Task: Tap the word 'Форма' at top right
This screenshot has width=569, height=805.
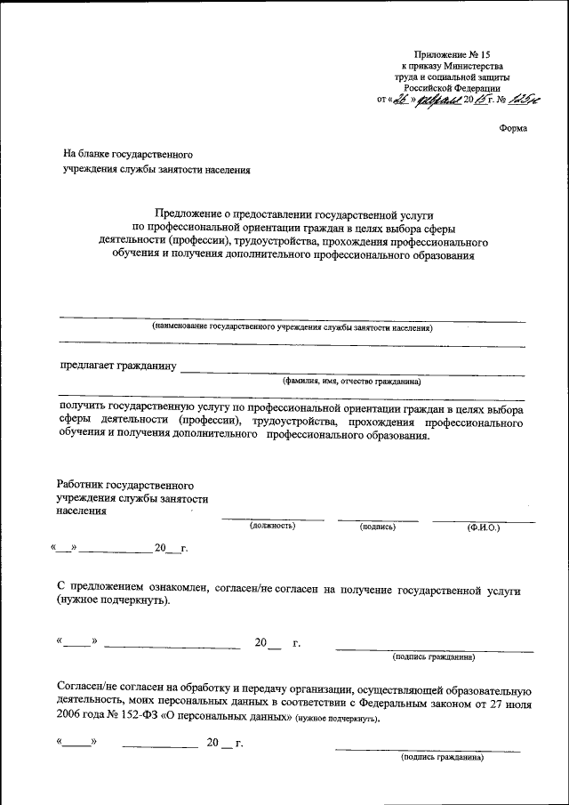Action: [x=513, y=128]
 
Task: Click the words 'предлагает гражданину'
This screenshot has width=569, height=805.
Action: [x=118, y=365]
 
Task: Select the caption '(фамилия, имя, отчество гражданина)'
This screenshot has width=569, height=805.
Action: [x=351, y=381]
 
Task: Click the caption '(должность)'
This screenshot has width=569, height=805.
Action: [x=273, y=527]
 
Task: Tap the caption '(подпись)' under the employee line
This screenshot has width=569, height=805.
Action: [x=378, y=527]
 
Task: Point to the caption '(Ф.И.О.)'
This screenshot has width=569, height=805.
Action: [x=484, y=527]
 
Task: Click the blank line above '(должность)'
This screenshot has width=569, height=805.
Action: [x=273, y=519]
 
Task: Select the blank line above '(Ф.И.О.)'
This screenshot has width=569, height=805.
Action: [x=484, y=520]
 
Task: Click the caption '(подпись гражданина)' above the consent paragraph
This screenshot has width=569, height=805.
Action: [x=433, y=657]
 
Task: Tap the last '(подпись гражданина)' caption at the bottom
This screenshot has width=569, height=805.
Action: [x=442, y=758]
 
